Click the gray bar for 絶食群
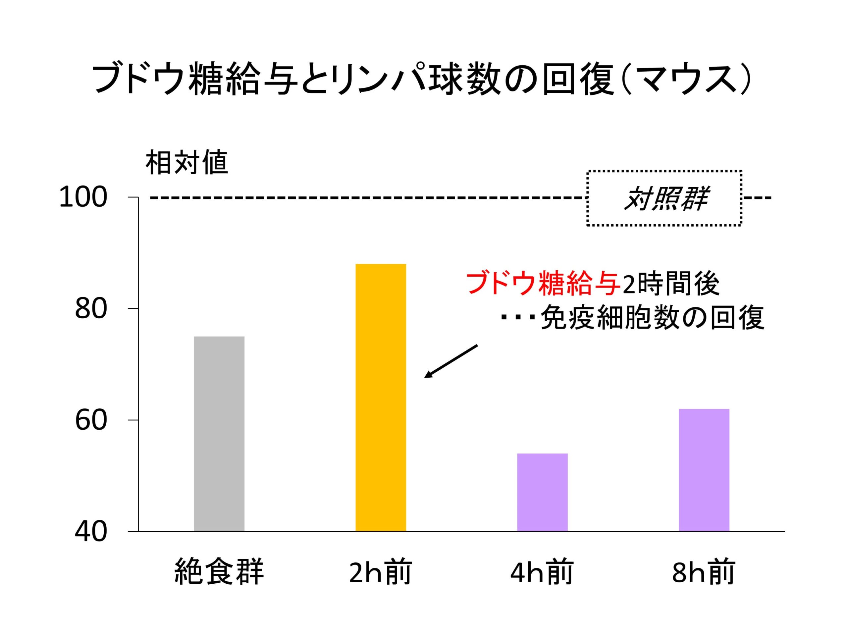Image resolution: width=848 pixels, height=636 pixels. [219, 434]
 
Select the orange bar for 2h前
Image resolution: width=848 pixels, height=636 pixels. [381, 397]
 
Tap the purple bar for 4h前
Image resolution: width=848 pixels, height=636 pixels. [542, 492]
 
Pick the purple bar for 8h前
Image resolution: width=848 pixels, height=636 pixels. [704, 470]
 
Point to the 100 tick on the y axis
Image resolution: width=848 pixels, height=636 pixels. [83, 198]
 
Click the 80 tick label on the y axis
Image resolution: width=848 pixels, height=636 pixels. [91, 309]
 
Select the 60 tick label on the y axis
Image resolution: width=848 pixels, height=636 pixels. [91, 421]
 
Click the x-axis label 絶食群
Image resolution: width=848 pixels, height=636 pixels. [219, 572]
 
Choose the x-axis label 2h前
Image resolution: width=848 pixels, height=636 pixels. [381, 572]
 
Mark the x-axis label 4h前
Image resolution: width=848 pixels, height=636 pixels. [542, 572]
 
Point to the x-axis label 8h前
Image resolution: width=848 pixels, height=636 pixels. [704, 572]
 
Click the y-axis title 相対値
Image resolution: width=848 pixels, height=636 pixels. [187, 163]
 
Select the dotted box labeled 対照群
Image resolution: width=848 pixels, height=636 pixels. [664, 198]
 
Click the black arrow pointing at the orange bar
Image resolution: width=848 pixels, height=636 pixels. [451, 361]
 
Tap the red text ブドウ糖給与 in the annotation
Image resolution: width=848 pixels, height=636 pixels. [543, 285]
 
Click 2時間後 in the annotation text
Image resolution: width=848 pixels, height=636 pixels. [670, 285]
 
